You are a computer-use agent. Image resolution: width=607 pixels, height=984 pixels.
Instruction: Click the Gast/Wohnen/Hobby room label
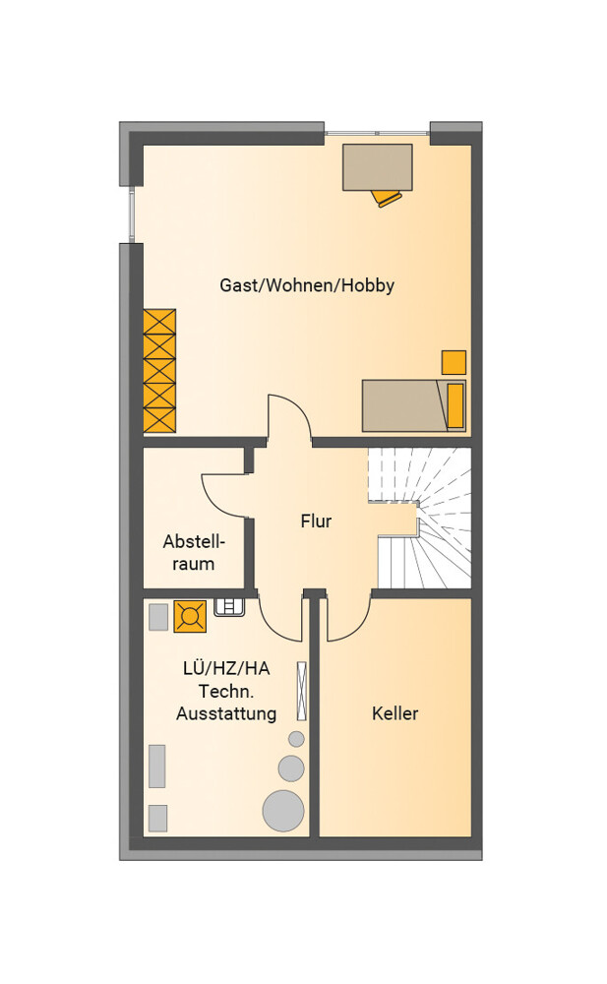pos(307,285)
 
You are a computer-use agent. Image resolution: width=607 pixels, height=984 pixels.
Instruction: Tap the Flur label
pos(316,522)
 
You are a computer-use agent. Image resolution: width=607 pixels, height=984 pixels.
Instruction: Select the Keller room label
pos(395,713)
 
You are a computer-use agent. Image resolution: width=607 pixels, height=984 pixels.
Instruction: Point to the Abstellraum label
pos(194,552)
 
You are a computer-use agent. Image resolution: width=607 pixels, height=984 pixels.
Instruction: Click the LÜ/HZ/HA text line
pos(226,668)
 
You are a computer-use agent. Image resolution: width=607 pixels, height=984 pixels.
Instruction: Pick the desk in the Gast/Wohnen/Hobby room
pos(377,166)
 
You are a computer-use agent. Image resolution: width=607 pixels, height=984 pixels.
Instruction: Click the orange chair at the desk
pos(388,199)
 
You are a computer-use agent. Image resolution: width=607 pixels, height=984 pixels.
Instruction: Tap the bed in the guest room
pos(413,405)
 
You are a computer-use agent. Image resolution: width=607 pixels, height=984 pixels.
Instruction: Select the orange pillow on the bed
pos(455,405)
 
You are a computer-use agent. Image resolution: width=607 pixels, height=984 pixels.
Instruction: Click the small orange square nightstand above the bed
pos(454,362)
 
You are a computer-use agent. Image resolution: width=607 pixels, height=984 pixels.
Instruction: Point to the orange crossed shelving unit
pos(159,371)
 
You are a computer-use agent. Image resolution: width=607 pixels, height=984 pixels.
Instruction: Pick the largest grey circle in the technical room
pos(283,811)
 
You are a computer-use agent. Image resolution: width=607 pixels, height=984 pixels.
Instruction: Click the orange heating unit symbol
pos(190,617)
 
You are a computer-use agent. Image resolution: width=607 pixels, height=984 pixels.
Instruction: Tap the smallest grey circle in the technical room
pos(296,739)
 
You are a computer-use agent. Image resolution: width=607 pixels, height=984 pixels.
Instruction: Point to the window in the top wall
pos(377,133)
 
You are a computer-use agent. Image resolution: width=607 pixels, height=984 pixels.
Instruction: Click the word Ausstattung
pos(226,713)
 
